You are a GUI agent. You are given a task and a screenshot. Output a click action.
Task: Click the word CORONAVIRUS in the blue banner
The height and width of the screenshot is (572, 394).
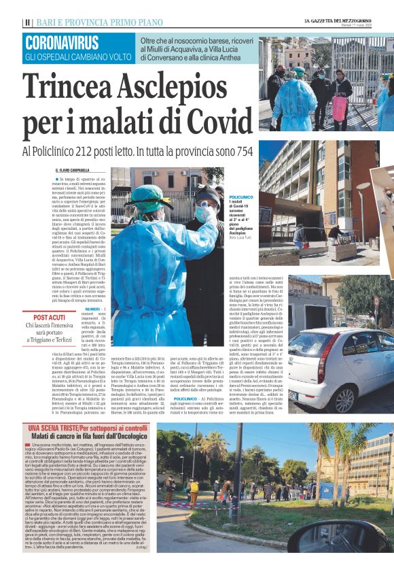pos(62,43)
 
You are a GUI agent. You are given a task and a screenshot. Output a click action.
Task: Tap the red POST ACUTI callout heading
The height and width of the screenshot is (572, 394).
pos(49,317)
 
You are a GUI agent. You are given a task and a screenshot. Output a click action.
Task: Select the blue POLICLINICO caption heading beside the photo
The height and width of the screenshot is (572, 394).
pos(240,196)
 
